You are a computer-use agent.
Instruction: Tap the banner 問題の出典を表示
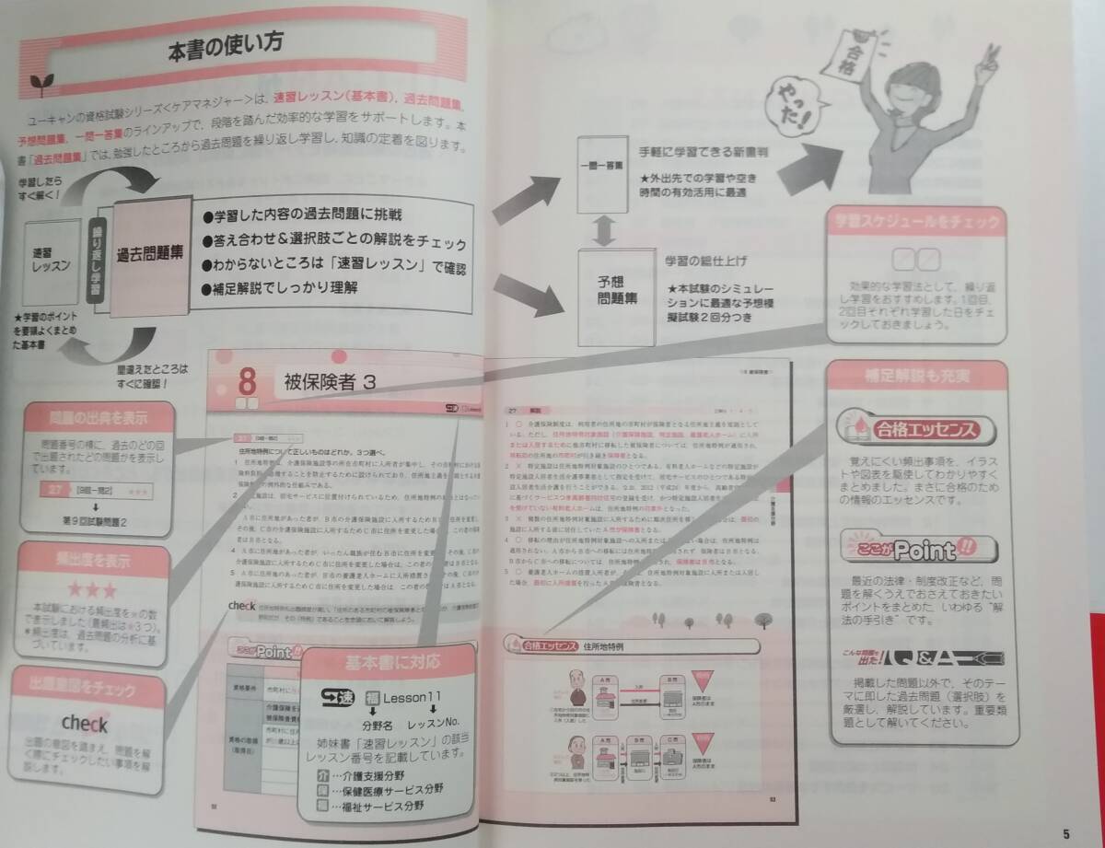point(99,419)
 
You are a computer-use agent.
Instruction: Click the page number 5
point(1065,833)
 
